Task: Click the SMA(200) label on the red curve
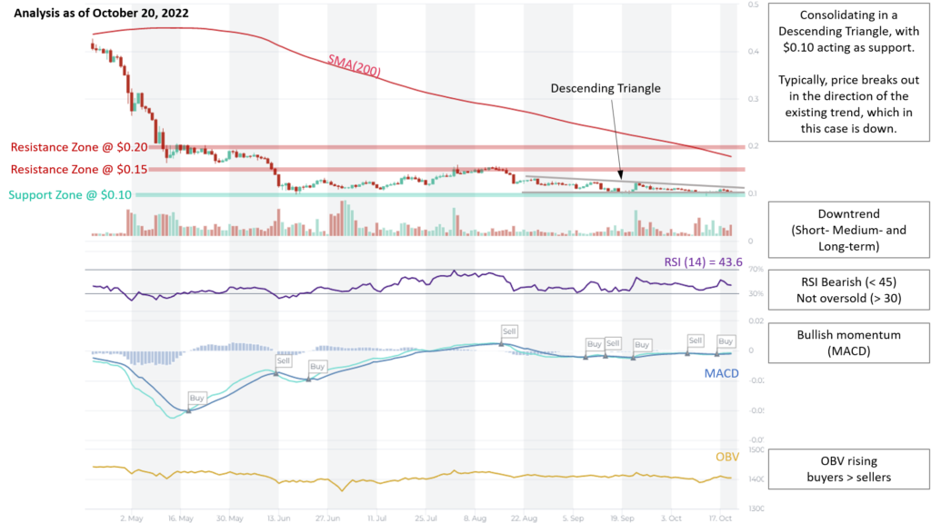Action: [354, 65]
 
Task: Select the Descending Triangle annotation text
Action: [606, 89]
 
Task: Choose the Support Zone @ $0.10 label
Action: [70, 194]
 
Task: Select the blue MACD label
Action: [721, 373]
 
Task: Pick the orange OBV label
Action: [727, 457]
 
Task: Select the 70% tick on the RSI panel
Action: [753, 271]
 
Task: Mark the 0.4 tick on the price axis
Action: [753, 52]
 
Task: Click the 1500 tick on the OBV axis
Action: [756, 449]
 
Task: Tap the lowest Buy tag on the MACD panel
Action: [197, 398]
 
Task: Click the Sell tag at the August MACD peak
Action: [509, 331]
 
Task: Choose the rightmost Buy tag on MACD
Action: [726, 341]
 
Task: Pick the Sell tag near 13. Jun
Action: [284, 360]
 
